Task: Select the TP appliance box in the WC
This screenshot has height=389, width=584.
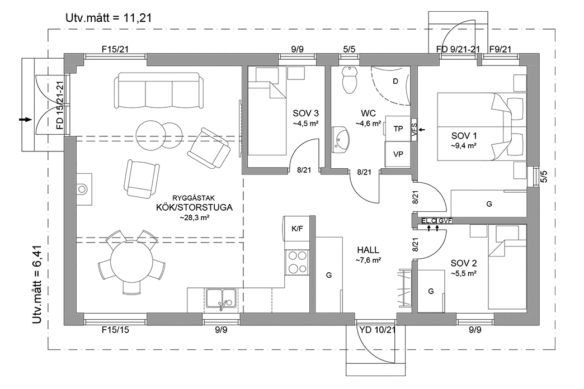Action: coord(398,129)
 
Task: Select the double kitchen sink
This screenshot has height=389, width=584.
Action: coord(222,298)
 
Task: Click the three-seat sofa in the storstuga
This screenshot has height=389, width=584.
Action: coord(158,91)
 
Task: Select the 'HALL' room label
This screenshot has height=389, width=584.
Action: coord(368,250)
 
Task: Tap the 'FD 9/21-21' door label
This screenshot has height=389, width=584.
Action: coord(458,49)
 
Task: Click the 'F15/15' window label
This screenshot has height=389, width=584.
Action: coord(115,330)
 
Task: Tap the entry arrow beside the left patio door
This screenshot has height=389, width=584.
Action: coord(24,119)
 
